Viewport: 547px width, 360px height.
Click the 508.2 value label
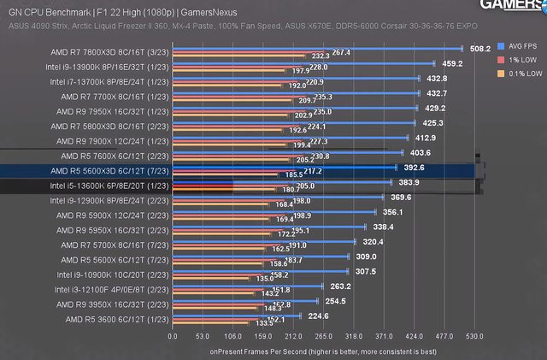(x=458, y=48)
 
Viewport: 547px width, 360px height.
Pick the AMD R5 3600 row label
(x=115, y=320)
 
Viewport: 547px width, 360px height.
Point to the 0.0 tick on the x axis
(x=173, y=336)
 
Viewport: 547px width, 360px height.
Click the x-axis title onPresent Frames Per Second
(x=323, y=351)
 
